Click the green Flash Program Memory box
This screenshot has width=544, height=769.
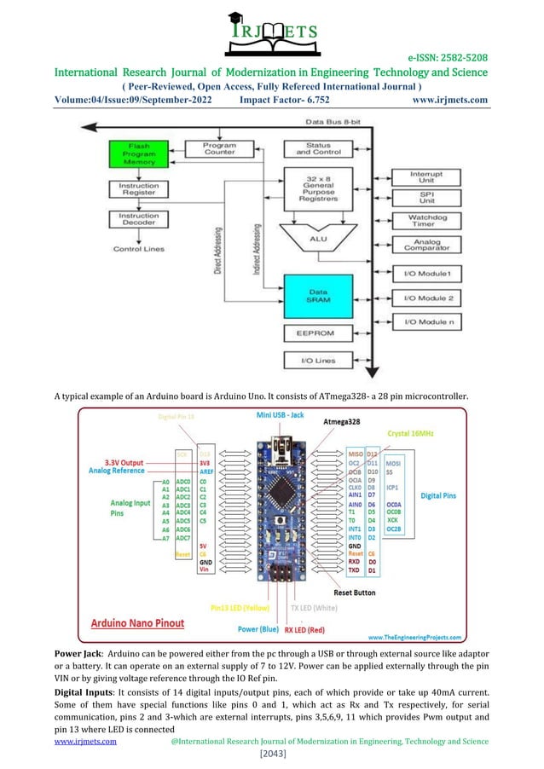pos(134,153)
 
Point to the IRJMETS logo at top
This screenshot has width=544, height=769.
pos(272,33)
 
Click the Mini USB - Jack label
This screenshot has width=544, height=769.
pos(281,415)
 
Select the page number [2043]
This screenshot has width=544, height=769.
pos(271,755)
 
